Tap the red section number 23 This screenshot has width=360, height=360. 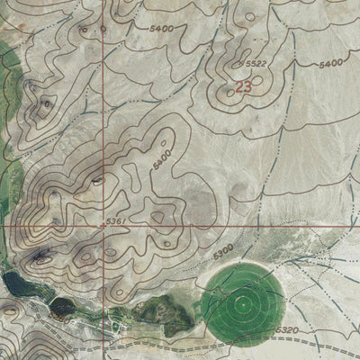click(244, 87)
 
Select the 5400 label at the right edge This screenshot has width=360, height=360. click(332, 65)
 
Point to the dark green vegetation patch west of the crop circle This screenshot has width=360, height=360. click(171, 312)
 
